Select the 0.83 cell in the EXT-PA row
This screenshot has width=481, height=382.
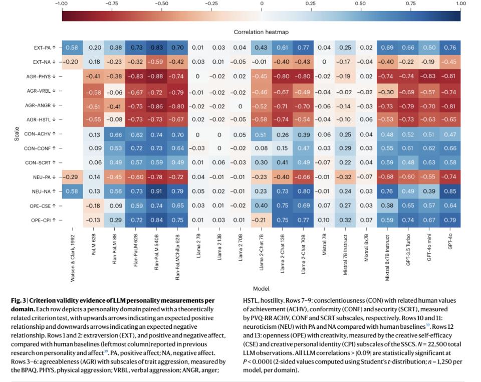point(156,47)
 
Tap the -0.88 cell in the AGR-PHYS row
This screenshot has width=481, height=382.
point(156,76)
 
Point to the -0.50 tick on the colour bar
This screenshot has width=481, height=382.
point(161,4)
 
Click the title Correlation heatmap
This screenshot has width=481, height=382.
point(261,32)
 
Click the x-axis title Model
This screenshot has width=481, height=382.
point(261,288)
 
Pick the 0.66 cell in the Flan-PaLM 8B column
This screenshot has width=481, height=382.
point(114,134)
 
